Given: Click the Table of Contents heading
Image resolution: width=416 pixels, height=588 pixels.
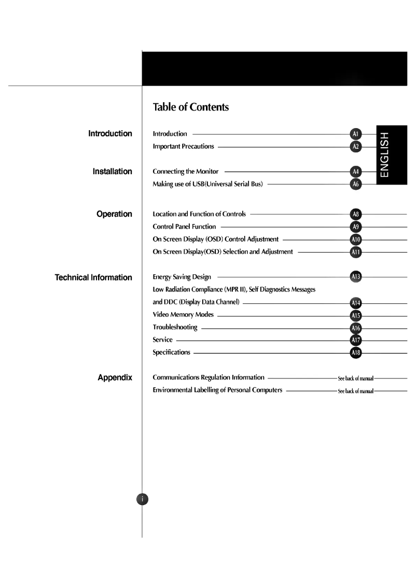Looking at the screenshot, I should pyautogui.click(x=190, y=107).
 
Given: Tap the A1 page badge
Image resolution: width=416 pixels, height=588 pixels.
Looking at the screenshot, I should pyautogui.click(x=356, y=134).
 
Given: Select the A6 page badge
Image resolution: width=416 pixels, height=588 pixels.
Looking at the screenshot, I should pyautogui.click(x=356, y=184).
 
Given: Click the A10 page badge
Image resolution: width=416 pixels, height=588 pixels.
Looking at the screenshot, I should pyautogui.click(x=356, y=240).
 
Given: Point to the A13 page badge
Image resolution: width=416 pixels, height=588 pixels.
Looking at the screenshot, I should pyautogui.click(x=356, y=277).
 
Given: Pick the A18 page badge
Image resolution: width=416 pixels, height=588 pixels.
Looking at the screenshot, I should pyautogui.click(x=356, y=353).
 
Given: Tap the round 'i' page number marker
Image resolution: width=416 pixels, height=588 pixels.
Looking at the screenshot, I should pyautogui.click(x=142, y=499).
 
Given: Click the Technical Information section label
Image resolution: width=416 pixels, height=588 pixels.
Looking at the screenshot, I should pyautogui.click(x=93, y=277).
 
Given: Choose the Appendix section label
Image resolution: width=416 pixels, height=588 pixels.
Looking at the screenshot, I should pyautogui.click(x=115, y=377).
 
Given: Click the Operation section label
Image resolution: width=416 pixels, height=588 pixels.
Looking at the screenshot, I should pyautogui.click(x=114, y=214).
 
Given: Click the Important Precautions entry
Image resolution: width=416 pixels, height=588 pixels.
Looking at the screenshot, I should pyautogui.click(x=183, y=147).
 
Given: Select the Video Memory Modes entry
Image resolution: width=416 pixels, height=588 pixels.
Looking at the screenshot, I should pyautogui.click(x=183, y=315).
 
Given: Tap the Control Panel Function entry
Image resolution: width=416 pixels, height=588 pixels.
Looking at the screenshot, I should pyautogui.click(x=184, y=227).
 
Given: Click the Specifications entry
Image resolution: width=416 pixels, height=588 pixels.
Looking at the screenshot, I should pyautogui.click(x=171, y=353).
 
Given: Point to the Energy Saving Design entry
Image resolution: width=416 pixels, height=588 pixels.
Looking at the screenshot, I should pyautogui.click(x=182, y=277).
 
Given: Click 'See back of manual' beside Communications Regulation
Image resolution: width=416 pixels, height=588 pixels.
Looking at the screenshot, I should pyautogui.click(x=356, y=378).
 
